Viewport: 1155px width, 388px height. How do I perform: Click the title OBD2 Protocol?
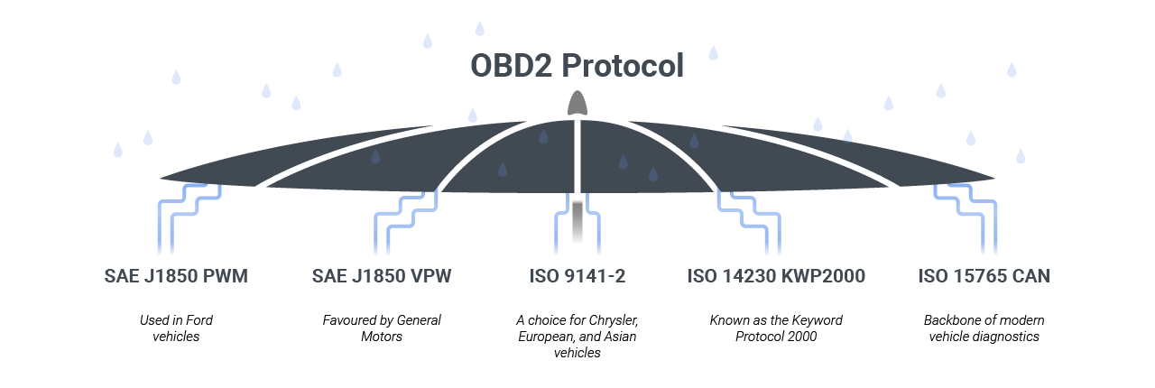[577, 66]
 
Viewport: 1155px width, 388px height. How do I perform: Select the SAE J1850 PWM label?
[176, 276]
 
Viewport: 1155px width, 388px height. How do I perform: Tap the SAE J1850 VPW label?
[382, 276]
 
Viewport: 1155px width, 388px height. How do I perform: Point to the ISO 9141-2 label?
[577, 276]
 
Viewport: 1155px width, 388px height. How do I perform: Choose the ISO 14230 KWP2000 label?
[776, 276]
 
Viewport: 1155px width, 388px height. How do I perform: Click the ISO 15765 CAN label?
[984, 276]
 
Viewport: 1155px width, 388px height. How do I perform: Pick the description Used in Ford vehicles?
[176, 328]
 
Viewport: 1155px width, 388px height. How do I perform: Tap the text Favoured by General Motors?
[382, 328]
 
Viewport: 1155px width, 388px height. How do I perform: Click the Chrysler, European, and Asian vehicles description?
[577, 337]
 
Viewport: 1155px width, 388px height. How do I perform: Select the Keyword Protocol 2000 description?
[776, 328]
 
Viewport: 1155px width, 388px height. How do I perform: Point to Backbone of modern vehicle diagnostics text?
[983, 328]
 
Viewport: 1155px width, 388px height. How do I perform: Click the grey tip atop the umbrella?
[577, 103]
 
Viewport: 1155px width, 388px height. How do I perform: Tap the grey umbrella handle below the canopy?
[577, 221]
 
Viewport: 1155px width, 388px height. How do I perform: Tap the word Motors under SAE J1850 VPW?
[382, 337]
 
